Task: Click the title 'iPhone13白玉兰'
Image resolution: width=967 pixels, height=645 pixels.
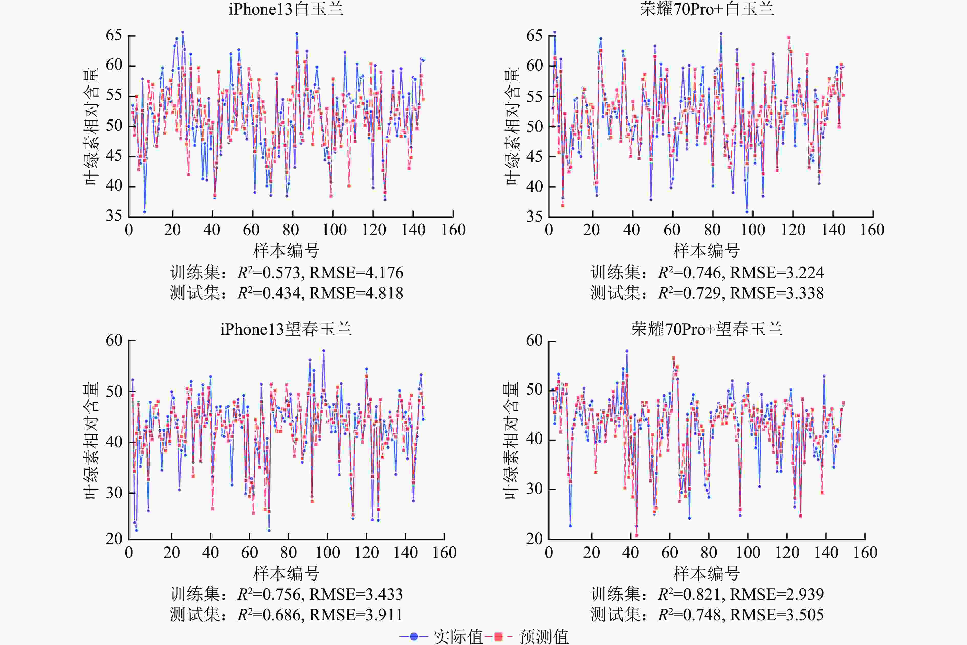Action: tap(286, 9)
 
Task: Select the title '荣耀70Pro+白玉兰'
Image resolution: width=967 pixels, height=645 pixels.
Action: tap(706, 9)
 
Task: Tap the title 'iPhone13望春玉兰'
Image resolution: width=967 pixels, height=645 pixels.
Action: tap(286, 329)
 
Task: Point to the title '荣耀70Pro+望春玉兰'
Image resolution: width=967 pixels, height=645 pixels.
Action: tap(706, 329)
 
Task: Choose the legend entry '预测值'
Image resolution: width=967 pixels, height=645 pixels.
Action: tap(543, 636)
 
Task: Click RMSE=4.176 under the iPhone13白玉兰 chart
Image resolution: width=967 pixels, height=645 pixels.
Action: tap(356, 273)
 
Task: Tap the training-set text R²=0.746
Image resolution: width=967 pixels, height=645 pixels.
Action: tap(689, 273)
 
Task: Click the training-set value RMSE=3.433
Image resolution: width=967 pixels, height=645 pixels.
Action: tap(356, 594)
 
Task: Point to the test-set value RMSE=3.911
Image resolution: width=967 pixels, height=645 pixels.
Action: tap(356, 615)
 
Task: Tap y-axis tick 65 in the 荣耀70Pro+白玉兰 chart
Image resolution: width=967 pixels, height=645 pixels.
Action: tap(534, 35)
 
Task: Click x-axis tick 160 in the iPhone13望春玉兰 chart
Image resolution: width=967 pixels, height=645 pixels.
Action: tap(444, 552)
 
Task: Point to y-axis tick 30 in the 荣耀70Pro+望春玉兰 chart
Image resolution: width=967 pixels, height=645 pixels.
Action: tap(534, 489)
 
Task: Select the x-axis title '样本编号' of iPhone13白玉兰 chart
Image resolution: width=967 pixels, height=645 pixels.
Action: tap(286, 250)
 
